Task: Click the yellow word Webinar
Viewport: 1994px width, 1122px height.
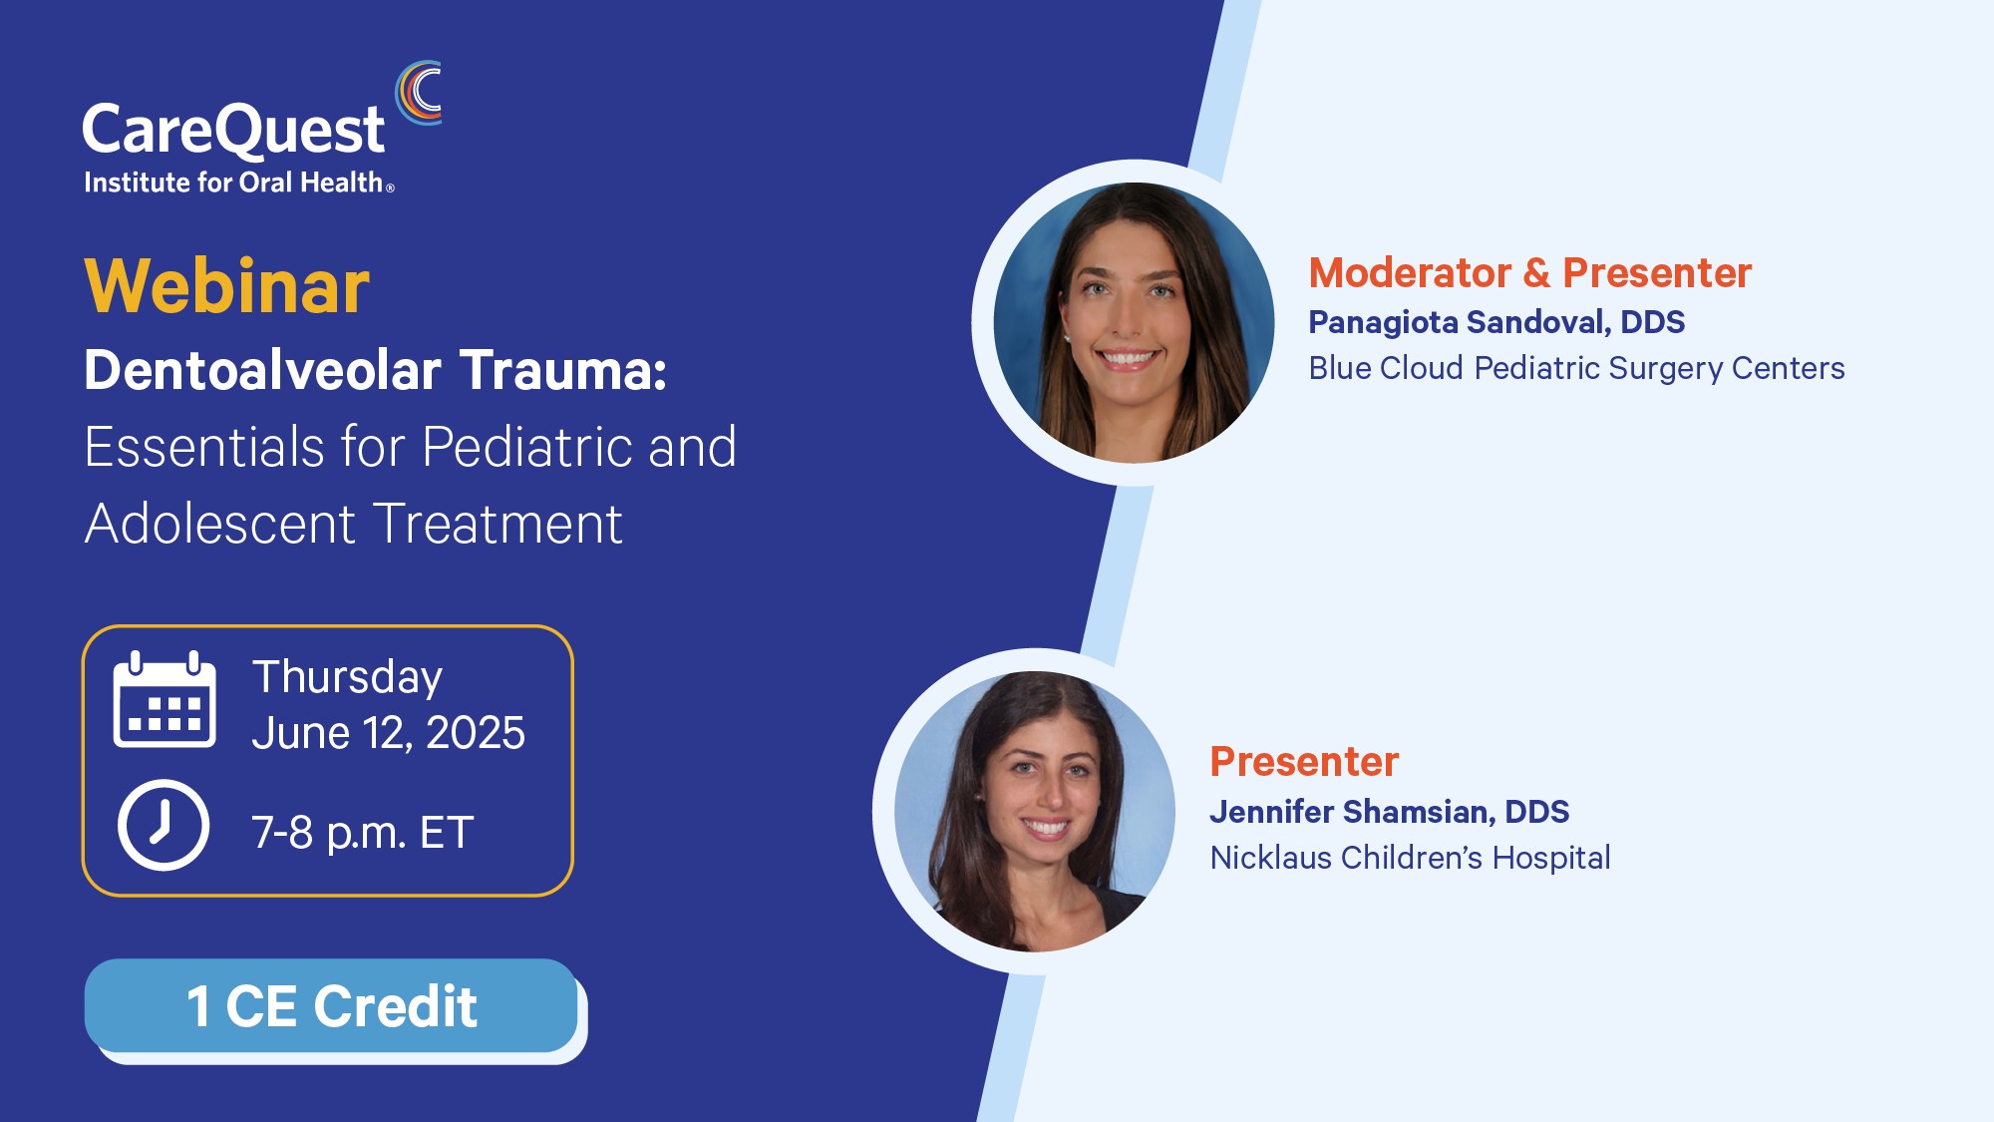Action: click(226, 286)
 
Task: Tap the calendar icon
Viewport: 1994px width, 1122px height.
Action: click(165, 699)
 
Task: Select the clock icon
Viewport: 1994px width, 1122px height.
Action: click(164, 825)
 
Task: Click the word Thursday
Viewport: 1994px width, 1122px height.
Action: click(347, 678)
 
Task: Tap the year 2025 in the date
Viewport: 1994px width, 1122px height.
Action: click(476, 733)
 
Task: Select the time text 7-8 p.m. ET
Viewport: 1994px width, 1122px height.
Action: click(362, 833)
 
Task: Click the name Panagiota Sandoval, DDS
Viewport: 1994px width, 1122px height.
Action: click(1496, 322)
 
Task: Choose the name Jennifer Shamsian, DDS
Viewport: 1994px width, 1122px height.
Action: click(1390, 812)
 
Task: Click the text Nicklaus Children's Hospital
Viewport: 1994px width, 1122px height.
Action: click(1410, 858)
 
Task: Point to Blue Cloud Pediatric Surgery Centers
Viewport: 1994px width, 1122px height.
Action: click(1576, 368)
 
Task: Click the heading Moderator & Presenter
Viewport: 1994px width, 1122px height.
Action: click(1529, 272)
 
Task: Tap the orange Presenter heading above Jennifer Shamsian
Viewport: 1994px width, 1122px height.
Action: click(1304, 761)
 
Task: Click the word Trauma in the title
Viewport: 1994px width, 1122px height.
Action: click(562, 370)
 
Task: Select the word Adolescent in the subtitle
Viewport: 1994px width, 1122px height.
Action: click(219, 524)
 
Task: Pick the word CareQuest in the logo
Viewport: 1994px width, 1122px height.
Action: click(232, 130)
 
